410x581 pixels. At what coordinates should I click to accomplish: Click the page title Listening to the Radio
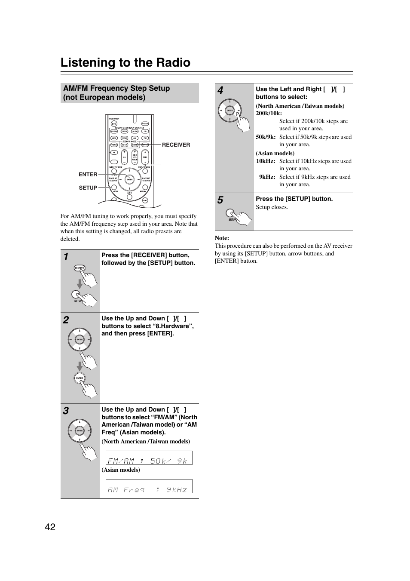click(x=125, y=63)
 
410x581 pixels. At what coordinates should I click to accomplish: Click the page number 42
click(x=50, y=527)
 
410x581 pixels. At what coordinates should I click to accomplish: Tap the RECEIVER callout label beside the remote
click(x=176, y=145)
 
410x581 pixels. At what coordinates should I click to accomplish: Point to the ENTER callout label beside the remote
click(x=88, y=175)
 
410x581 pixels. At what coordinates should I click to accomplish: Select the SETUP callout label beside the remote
click(x=88, y=188)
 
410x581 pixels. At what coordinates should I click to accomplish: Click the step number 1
click(x=66, y=257)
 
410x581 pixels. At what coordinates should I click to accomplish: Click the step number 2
click(x=66, y=320)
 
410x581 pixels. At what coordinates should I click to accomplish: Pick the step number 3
click(x=66, y=411)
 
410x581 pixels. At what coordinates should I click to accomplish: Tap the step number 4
click(x=220, y=90)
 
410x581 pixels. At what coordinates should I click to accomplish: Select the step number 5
click(x=220, y=200)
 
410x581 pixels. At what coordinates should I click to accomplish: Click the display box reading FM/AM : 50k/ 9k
click(x=149, y=458)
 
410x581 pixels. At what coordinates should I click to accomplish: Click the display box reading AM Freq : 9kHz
click(x=149, y=486)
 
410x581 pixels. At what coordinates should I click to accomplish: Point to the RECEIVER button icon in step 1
click(x=80, y=268)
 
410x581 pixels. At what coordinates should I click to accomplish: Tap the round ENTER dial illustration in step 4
click(x=229, y=111)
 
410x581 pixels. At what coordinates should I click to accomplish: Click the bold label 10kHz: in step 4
click(x=266, y=161)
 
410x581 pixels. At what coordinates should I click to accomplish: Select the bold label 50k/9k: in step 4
click(x=266, y=137)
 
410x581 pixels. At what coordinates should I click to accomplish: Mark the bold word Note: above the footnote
click(x=222, y=238)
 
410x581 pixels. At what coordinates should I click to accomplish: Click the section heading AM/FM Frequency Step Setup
click(x=116, y=88)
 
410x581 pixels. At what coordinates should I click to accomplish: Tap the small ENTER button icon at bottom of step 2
click(x=80, y=378)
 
